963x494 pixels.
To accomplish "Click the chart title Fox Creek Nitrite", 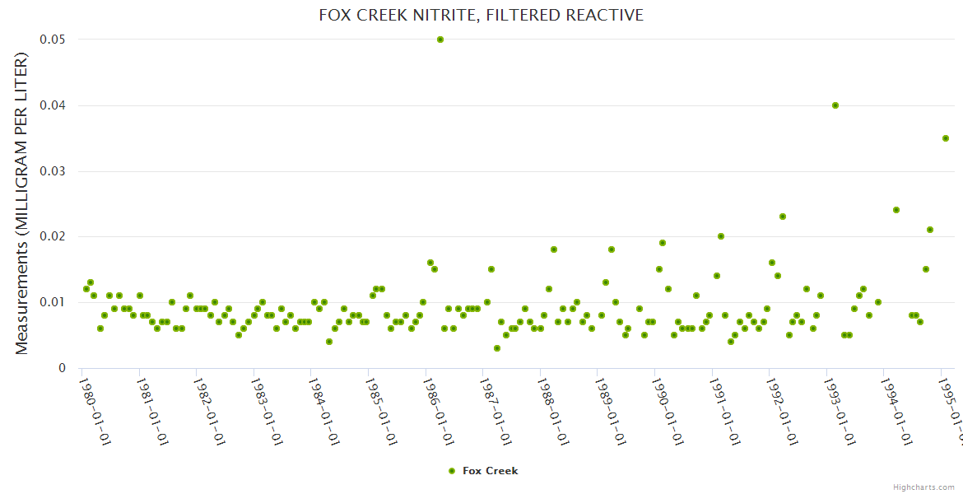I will tap(481, 16).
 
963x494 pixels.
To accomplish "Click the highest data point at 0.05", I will tap(440, 40).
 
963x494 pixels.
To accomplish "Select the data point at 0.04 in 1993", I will tap(835, 105).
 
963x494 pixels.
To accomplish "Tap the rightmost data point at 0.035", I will tap(946, 138).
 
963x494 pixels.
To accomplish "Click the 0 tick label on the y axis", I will tap(62, 368).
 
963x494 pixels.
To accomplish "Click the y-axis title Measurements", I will tap(21, 203).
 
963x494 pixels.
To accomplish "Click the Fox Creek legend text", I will tap(491, 471).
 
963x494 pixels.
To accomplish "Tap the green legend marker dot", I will tap(451, 471).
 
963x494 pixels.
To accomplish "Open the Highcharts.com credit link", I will tap(923, 487).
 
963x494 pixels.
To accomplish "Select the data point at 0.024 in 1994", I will tap(896, 210).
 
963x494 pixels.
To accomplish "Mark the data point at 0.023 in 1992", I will tap(783, 217).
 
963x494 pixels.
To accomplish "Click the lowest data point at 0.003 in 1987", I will tap(497, 348).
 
